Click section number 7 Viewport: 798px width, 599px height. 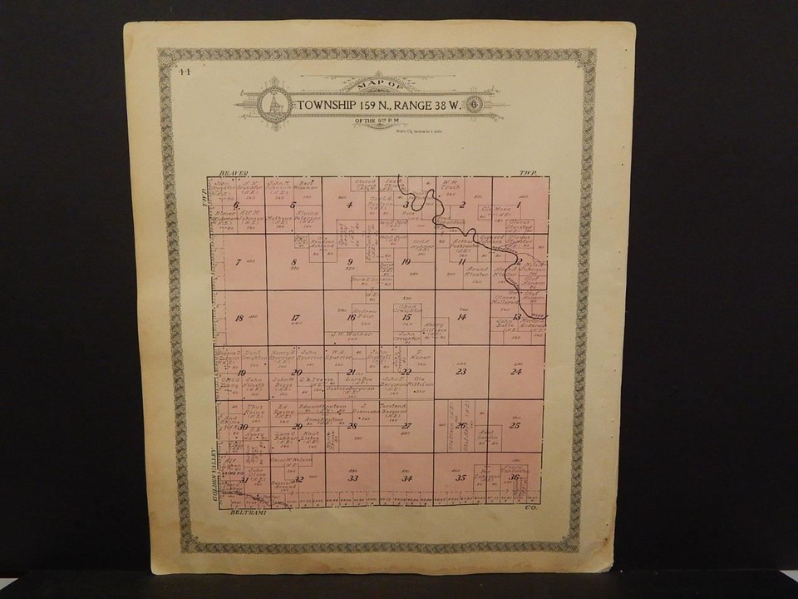[x=239, y=263]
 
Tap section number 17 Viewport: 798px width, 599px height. [x=295, y=318]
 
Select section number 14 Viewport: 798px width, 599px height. [x=461, y=317]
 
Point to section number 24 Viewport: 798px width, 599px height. [x=515, y=372]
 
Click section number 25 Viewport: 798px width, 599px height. [x=515, y=426]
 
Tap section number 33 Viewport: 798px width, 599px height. [x=352, y=478]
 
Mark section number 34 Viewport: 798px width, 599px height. [x=406, y=478]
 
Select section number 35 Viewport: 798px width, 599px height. [x=460, y=478]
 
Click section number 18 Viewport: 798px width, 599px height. [x=239, y=318]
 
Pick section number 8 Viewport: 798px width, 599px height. [x=293, y=263]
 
